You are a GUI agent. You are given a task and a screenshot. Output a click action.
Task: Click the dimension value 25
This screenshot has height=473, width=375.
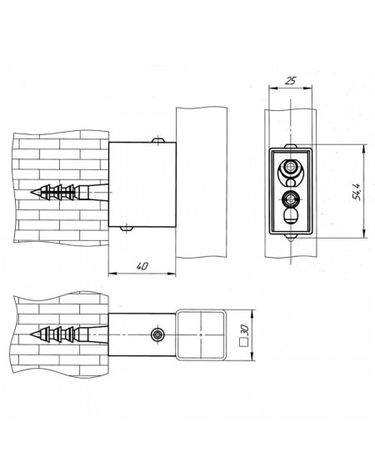291,81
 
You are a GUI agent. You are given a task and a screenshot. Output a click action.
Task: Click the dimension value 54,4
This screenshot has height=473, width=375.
357,192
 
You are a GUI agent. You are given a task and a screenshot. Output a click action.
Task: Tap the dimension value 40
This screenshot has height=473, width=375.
142,266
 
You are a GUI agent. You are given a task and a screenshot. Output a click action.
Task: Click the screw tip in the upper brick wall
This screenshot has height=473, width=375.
32,192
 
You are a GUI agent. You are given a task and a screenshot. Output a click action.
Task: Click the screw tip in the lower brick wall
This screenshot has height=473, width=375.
32,335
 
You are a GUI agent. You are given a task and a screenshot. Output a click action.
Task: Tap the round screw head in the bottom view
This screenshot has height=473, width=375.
157,335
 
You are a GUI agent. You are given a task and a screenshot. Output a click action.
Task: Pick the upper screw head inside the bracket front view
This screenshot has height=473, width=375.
290,166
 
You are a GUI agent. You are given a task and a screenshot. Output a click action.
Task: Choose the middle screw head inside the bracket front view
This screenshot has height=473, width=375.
290,199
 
